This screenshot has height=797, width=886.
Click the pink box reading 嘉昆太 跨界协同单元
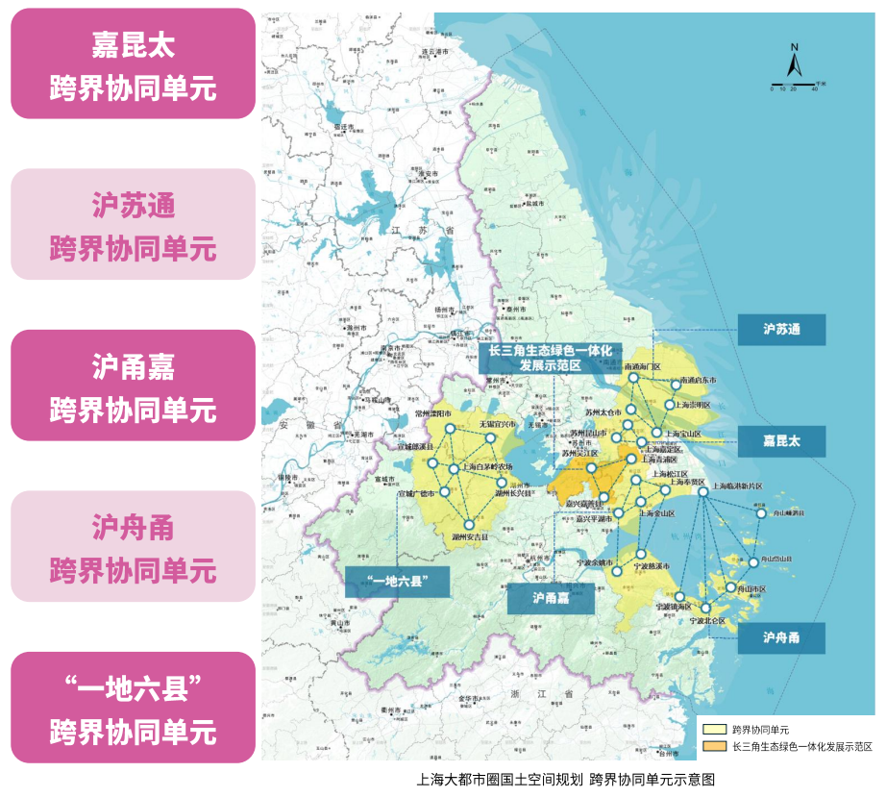click(133, 63)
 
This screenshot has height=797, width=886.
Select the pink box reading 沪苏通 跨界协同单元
click(133, 224)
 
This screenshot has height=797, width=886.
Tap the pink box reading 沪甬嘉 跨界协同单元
click(133, 386)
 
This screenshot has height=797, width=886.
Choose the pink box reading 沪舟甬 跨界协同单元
click(133, 546)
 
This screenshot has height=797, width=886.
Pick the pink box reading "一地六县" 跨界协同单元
click(133, 708)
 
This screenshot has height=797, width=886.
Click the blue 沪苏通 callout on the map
click(781, 329)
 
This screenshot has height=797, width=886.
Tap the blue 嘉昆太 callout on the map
click(781, 441)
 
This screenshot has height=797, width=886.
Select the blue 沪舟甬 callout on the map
click(781, 638)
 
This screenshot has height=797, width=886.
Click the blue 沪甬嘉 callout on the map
click(551, 598)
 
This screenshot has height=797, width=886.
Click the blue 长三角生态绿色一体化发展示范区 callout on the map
click(550, 359)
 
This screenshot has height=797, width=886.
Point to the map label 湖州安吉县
click(470, 536)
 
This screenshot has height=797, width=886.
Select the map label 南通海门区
click(642, 367)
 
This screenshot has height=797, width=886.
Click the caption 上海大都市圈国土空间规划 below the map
click(500, 780)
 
